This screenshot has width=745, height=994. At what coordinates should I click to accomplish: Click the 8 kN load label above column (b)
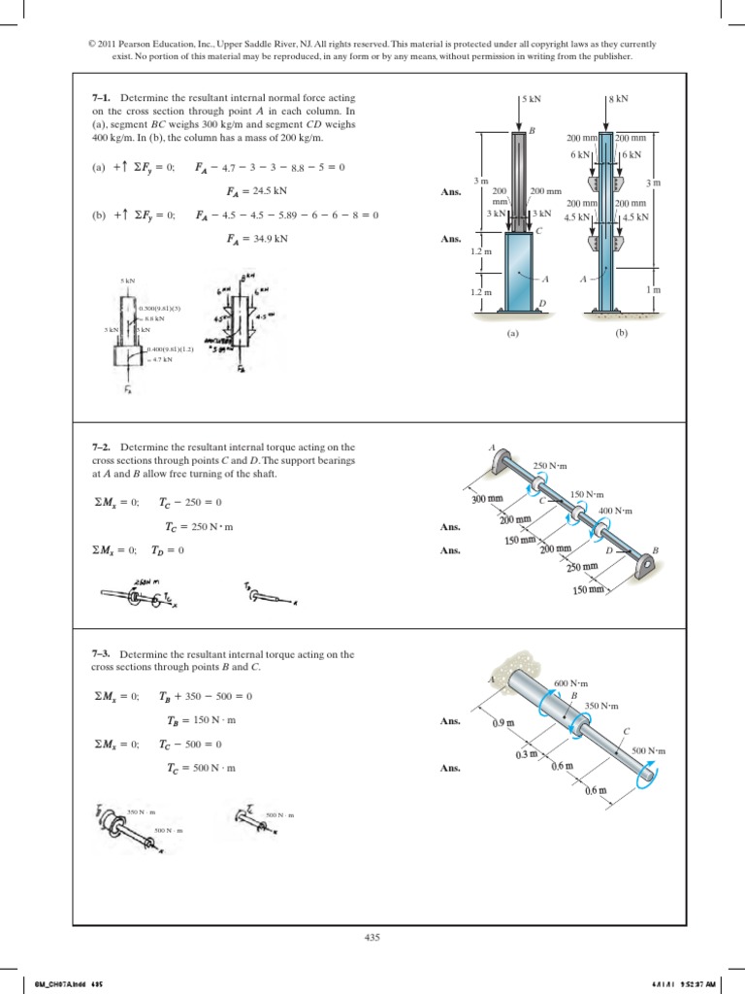618,99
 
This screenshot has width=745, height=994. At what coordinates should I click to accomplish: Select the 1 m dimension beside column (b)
654,289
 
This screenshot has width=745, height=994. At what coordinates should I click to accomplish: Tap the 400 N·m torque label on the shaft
615,511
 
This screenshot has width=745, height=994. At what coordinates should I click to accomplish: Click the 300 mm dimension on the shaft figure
488,500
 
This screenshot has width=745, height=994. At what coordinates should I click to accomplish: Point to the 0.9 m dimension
504,723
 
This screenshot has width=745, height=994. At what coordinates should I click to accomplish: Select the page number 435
372,937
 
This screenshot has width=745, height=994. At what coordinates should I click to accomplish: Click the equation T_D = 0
168,549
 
